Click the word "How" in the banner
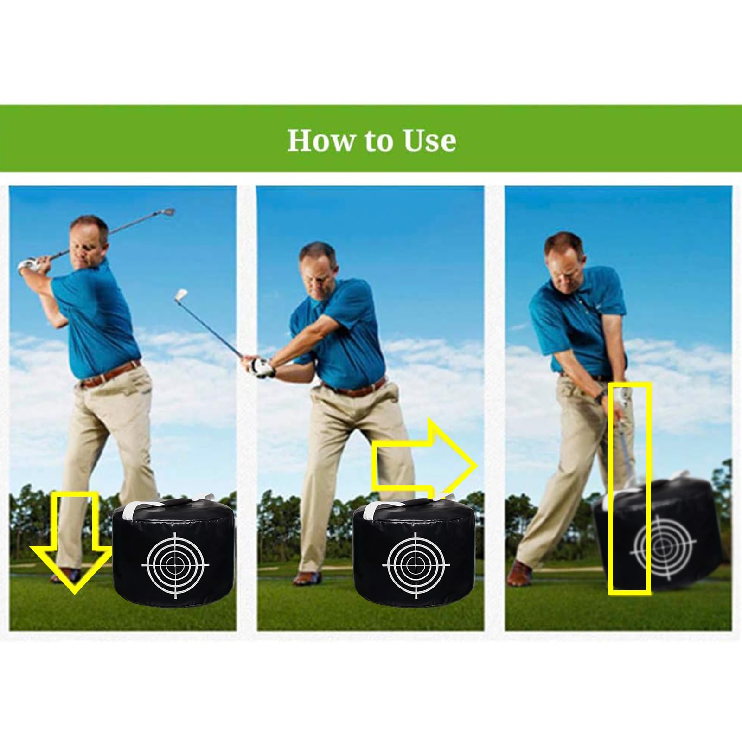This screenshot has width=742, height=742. click(x=320, y=140)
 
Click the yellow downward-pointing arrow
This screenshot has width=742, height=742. click(x=72, y=543)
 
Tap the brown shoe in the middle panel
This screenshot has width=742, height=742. click(x=306, y=578)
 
